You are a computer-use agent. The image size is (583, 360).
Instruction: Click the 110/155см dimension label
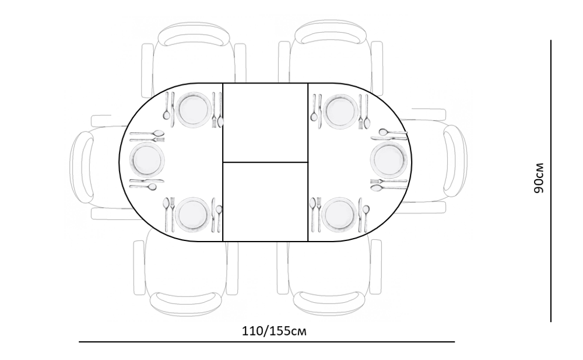[x=275, y=331]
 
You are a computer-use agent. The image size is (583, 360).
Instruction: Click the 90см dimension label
[x=538, y=179]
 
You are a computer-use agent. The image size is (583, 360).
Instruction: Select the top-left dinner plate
[x=194, y=110]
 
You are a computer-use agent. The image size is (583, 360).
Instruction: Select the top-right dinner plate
[x=340, y=111]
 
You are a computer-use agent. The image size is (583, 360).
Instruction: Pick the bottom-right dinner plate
[x=339, y=215]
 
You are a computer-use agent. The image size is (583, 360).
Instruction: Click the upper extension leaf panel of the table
[x=265, y=123]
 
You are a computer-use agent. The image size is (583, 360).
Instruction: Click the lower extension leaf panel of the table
[x=265, y=202]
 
